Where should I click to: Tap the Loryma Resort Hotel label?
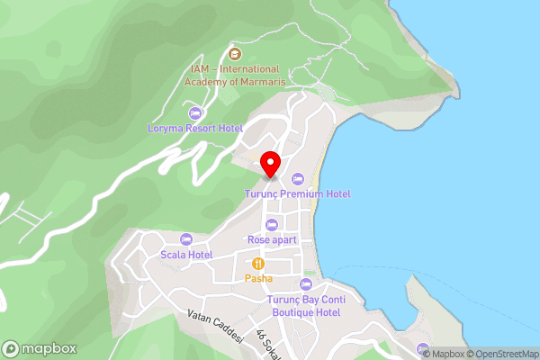195,128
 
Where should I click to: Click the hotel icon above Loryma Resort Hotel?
195,112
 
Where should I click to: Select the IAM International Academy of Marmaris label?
236,75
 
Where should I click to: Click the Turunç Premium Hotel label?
298,193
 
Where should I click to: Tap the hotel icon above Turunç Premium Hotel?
298,178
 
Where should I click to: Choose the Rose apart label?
271,239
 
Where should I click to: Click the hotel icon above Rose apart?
271,224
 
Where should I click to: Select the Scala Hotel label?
186,255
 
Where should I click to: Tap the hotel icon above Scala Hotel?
186,238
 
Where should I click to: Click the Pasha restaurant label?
258,279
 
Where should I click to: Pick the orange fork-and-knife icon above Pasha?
258,264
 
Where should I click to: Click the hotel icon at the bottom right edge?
423,348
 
